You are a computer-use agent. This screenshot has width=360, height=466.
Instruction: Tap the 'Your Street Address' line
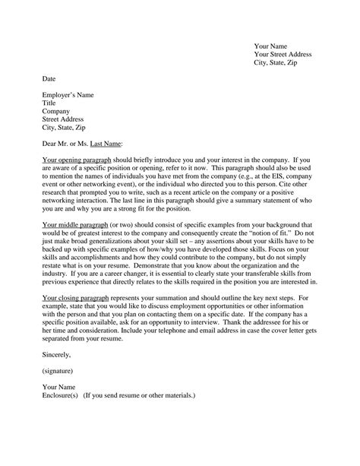[282, 54]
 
